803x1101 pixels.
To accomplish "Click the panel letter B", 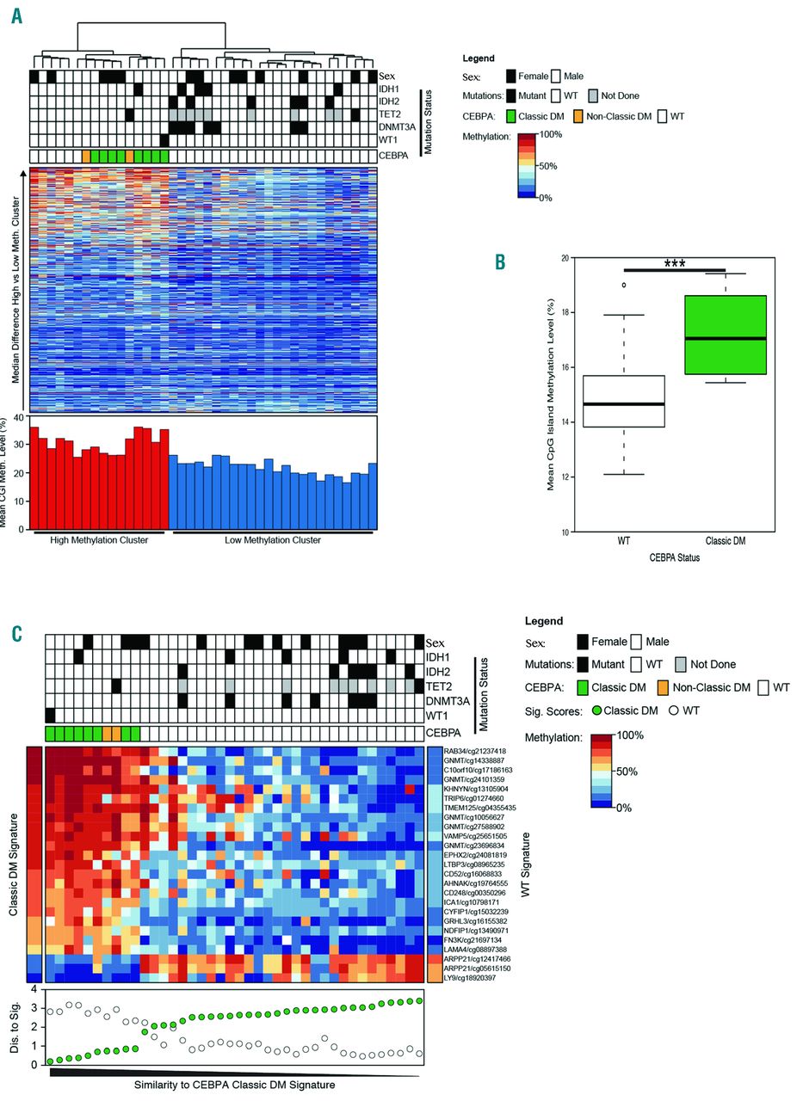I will pos(499,261).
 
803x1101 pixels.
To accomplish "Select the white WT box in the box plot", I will pos(624,401).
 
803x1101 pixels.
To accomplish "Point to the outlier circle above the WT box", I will pos(624,285).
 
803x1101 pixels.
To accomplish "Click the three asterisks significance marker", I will pos(674,264).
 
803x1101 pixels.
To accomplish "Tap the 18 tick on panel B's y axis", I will pos(565,312).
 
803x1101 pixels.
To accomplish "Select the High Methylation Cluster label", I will pos(99,540).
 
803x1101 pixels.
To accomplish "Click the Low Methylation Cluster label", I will pos(273,540).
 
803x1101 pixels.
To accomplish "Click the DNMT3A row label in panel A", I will pos(396,126).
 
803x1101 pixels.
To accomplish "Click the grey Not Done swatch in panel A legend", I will pos(595,95).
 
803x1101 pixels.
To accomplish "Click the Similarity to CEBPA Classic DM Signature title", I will pos(234,1085).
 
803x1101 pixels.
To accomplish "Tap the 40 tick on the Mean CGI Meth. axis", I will pos(23,419).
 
